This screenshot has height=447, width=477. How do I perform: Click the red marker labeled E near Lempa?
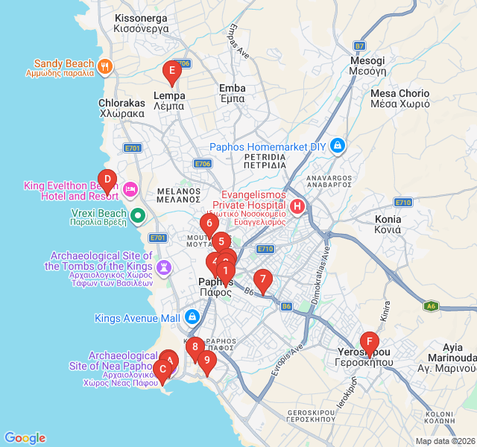click(172, 72)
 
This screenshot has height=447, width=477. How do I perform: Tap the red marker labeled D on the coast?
click(107, 180)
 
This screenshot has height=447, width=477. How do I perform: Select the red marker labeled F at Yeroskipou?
click(368, 343)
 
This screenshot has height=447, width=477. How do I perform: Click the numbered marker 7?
click(262, 280)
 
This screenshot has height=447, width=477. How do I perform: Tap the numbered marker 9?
click(206, 361)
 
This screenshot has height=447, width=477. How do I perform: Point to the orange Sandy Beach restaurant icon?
click(105, 66)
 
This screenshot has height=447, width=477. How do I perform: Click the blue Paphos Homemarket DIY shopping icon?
click(338, 145)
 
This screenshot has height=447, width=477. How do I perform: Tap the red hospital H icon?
click(297, 206)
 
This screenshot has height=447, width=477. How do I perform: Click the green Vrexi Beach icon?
click(138, 216)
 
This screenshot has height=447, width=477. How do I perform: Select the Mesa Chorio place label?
click(400, 99)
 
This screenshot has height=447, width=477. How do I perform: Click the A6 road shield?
click(431, 305)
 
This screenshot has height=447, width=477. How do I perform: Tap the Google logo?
click(25, 438)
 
